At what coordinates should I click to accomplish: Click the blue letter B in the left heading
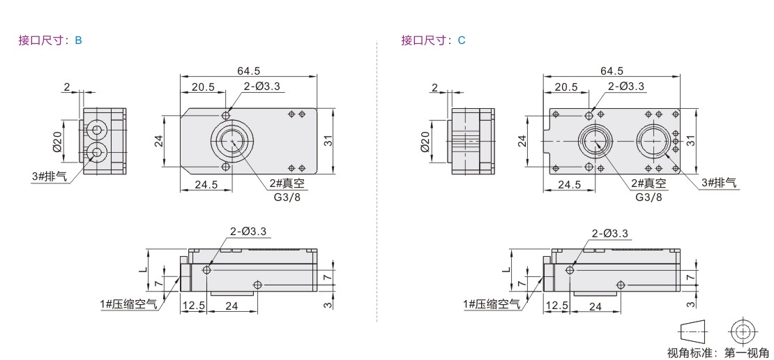79,40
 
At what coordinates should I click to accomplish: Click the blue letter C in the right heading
462,40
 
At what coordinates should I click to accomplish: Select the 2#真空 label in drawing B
287,183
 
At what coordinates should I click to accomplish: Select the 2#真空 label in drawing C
648,183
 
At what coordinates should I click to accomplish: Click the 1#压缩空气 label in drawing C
492,305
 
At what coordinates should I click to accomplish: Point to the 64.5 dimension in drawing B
248,71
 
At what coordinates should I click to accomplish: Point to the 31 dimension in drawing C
690,140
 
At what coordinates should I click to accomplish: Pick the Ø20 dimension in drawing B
56,141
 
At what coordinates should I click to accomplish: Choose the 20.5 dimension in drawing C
566,87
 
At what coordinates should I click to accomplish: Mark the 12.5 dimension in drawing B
194,306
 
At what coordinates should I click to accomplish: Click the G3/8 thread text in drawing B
288,197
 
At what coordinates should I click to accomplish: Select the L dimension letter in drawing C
504,270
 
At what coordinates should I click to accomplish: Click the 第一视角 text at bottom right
746,352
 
